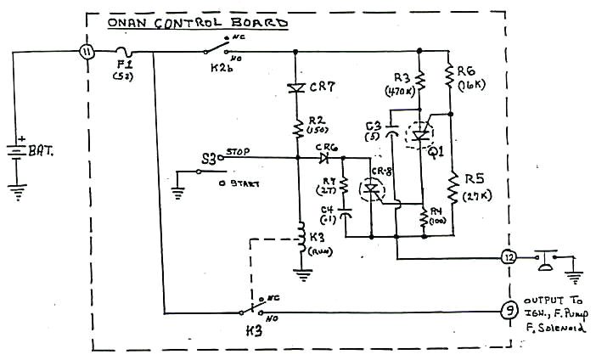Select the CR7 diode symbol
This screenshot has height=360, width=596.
pyautogui.click(x=296, y=87)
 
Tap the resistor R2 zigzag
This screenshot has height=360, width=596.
pyautogui.click(x=296, y=127)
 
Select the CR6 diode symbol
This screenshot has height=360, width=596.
pyautogui.click(x=325, y=158)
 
